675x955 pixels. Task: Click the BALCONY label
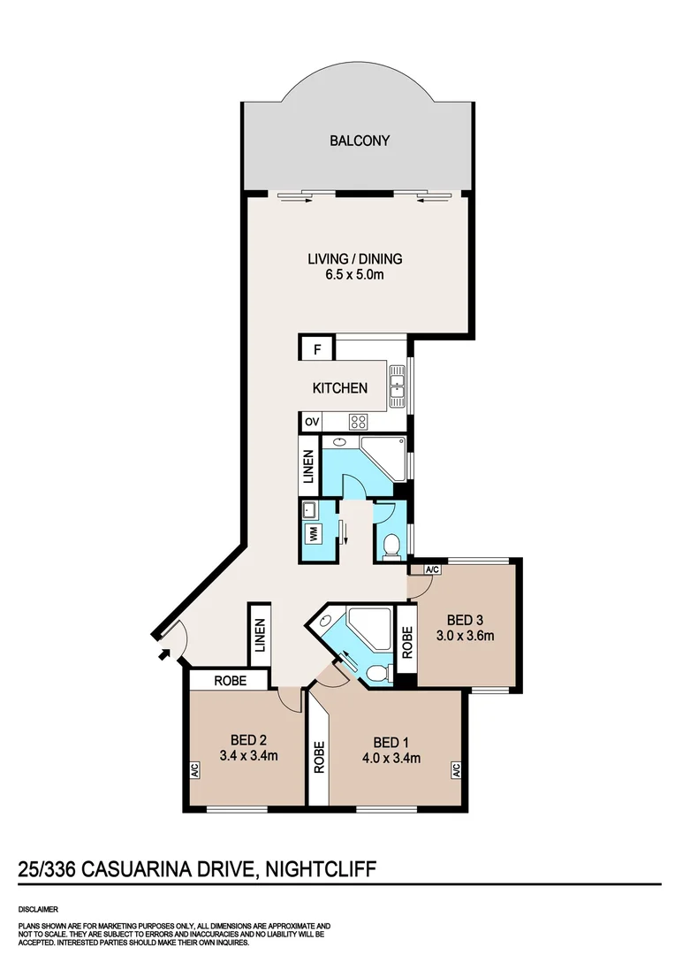[360, 141]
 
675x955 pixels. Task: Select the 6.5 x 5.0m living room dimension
[354, 275]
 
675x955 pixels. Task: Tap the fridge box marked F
[316, 349]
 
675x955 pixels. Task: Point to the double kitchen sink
[398, 384]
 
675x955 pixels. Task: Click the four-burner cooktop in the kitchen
[358, 422]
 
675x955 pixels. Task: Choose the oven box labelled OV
[311, 422]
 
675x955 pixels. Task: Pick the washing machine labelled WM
[312, 533]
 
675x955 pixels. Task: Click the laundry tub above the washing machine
[310, 509]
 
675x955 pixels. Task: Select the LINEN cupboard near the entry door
[260, 633]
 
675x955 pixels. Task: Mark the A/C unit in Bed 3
[433, 569]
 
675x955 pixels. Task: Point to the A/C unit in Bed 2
[194, 771]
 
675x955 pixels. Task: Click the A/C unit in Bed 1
[456, 771]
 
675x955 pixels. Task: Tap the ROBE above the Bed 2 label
[228, 680]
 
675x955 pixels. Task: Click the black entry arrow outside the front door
[163, 655]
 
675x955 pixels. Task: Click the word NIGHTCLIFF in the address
[321, 870]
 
